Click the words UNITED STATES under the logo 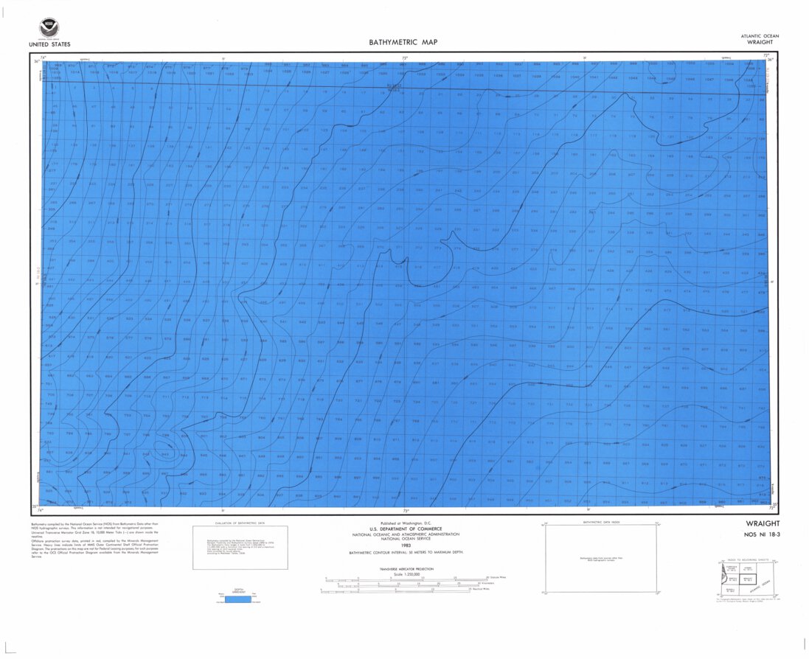49,44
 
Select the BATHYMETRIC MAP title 403,43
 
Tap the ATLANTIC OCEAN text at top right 760,36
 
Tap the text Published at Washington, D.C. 404,523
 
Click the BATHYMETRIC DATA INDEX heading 601,521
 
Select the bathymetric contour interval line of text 404,551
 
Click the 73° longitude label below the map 405,510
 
